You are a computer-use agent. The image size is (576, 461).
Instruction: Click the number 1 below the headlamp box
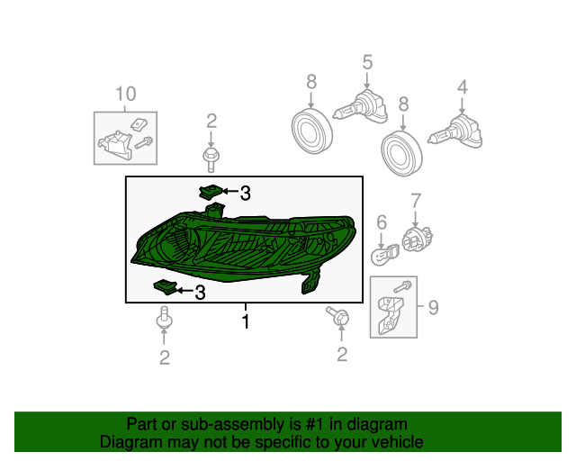(246, 321)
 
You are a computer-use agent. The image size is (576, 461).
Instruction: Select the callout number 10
(126, 94)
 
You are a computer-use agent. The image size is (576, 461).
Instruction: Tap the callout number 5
(367, 62)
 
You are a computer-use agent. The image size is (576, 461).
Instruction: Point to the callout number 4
(463, 87)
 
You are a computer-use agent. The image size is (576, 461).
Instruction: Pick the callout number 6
(382, 222)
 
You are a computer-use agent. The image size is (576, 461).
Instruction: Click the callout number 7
(416, 201)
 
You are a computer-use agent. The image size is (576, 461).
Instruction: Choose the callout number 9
(434, 307)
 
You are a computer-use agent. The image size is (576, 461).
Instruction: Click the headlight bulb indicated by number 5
(360, 106)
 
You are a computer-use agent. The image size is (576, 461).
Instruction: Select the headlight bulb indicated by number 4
(455, 131)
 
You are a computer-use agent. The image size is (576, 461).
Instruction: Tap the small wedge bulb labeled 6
(384, 255)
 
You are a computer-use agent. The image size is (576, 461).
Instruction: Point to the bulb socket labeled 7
(418, 239)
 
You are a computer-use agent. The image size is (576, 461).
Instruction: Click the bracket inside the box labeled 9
(390, 315)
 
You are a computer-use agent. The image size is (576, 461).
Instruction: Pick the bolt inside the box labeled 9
(402, 286)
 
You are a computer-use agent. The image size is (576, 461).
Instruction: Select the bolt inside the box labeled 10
(144, 142)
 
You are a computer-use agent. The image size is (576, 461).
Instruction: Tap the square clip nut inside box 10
(139, 124)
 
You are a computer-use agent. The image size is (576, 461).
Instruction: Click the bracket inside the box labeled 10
(114, 145)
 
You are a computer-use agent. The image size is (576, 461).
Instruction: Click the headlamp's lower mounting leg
(310, 282)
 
